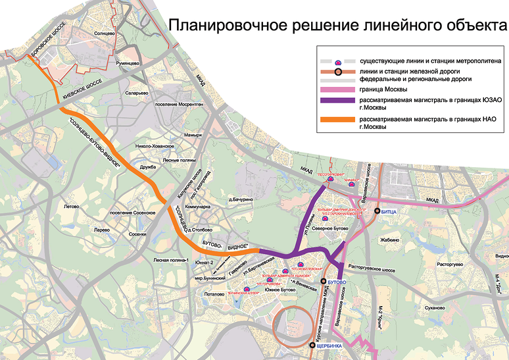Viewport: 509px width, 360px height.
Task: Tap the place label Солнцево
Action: coord(105,32)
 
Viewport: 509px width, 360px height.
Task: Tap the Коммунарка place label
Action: coord(199,206)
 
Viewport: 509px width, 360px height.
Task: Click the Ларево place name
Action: coord(101,230)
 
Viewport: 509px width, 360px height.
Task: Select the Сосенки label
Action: coord(137,234)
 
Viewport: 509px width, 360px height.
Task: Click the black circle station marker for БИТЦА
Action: coord(377,211)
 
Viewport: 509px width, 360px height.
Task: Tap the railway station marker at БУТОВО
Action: coord(323,281)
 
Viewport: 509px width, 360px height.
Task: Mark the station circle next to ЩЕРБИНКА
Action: coord(312,344)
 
